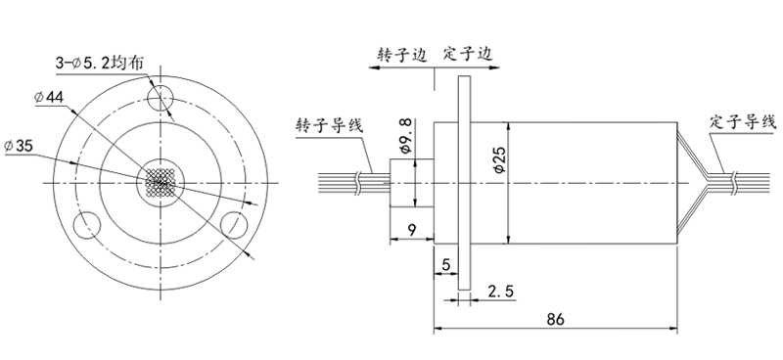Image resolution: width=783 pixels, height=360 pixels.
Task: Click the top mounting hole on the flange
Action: coord(161,96)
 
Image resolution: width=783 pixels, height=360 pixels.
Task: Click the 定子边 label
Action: coord(467,55)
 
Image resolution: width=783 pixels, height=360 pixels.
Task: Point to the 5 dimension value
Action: coord(445,264)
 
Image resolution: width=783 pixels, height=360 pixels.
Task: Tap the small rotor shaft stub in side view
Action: coord(403,183)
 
